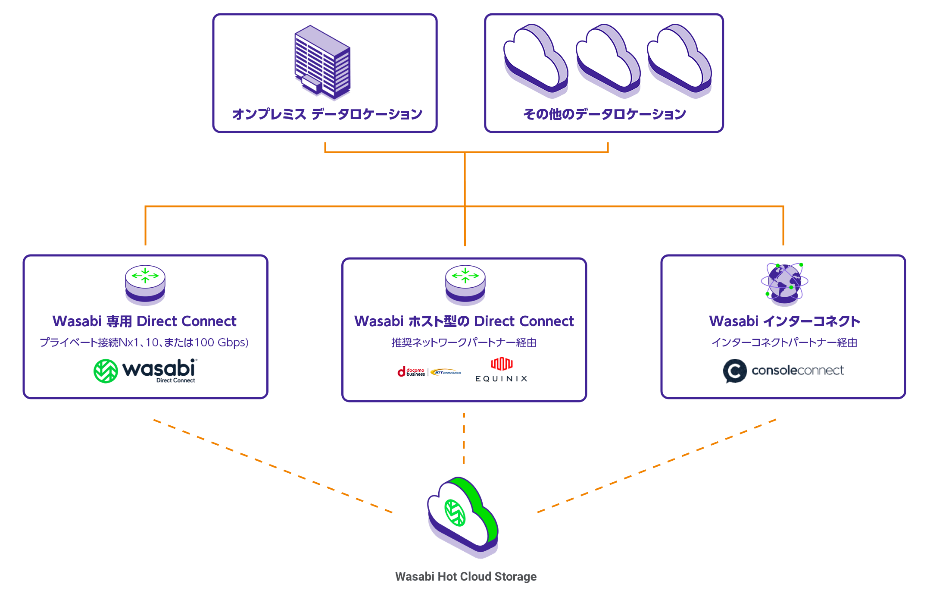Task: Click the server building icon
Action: point(322,62)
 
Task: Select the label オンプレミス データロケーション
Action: point(327,114)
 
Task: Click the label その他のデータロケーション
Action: point(604,114)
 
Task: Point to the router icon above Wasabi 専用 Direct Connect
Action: point(145,283)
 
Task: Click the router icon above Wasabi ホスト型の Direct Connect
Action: point(465,283)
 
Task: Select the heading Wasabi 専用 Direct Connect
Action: point(144,321)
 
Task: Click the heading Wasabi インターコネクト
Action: point(784,321)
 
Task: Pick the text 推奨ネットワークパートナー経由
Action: point(464,342)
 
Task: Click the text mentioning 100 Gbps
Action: point(144,342)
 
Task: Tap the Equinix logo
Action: point(501,370)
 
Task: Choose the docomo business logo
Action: point(411,372)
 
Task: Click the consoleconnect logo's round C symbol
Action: point(735,371)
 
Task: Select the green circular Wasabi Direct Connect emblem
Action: point(106,371)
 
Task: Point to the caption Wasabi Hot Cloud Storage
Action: point(466,577)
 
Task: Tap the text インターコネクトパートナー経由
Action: point(784,342)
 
